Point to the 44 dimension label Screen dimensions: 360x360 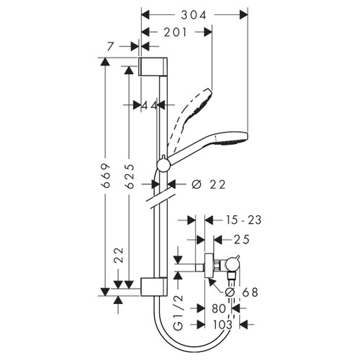(x=149, y=105)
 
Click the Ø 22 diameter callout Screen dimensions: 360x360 (x=208, y=185)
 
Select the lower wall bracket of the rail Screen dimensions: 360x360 (x=153, y=287)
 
